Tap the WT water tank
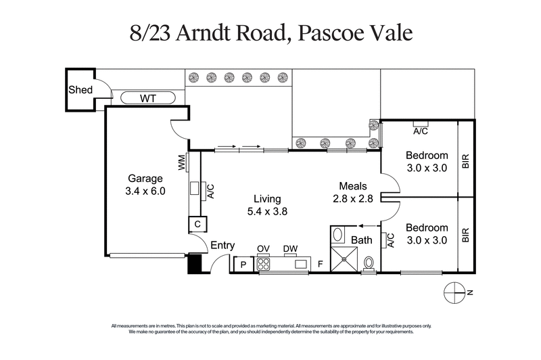coord(148,98)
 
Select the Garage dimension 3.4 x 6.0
coord(145,192)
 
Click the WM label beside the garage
coord(182,162)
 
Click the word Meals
coord(353,186)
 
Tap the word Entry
coord(224,246)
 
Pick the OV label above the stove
coord(262,249)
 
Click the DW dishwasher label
coord(290,249)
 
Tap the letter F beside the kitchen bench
coord(320,265)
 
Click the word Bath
coord(362,240)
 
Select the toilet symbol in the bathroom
coord(369,262)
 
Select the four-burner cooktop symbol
coord(262,265)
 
